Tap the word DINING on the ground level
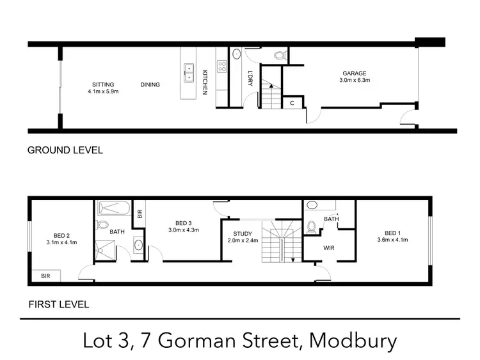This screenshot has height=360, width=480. [150, 84]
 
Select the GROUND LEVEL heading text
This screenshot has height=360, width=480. [65, 151]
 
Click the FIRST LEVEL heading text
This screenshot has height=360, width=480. [58, 304]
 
